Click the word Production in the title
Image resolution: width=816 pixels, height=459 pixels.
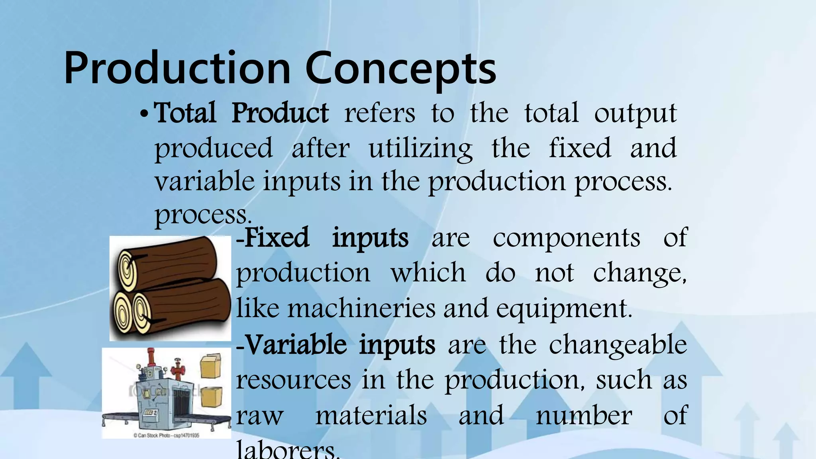pos(177,69)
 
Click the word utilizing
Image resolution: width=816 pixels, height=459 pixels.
pos(420,148)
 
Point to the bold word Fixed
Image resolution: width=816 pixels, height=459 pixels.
pos(277,238)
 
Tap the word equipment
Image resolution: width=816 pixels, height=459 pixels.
pos(564,309)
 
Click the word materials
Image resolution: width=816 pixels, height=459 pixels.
pos(371,415)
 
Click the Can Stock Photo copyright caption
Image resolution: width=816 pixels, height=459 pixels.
pos(166,435)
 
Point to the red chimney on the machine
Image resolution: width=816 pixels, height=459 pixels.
pos(151,357)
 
